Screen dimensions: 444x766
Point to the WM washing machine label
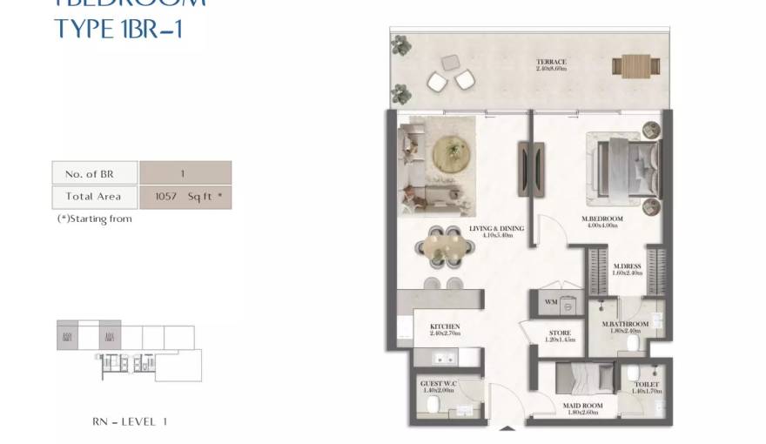[550, 303]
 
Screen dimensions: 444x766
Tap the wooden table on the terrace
[635, 65]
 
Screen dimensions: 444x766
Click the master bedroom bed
[623, 167]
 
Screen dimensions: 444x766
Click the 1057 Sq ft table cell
[185, 197]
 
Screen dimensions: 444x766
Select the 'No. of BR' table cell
[94, 173]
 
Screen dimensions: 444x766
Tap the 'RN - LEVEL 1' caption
[129, 421]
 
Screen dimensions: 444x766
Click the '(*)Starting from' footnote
[94, 219]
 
